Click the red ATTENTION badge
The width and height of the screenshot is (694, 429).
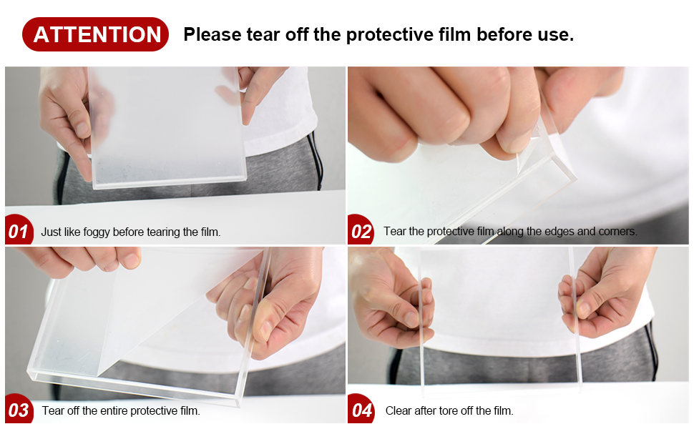tap(96, 34)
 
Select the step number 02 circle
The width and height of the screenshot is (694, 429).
tap(361, 232)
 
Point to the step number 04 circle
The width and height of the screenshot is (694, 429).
tap(362, 410)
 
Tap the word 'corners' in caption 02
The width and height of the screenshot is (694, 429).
tap(617, 232)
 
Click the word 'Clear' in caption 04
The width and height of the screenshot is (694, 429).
tap(398, 410)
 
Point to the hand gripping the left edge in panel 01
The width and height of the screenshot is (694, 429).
tap(72, 114)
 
